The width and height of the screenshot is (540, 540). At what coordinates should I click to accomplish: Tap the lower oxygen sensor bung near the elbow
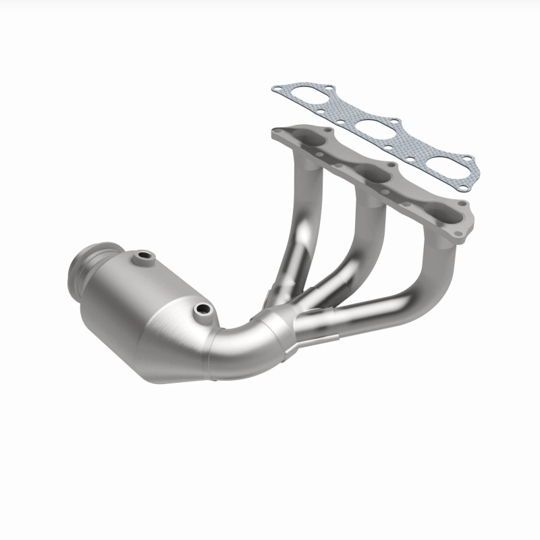(x=201, y=310)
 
